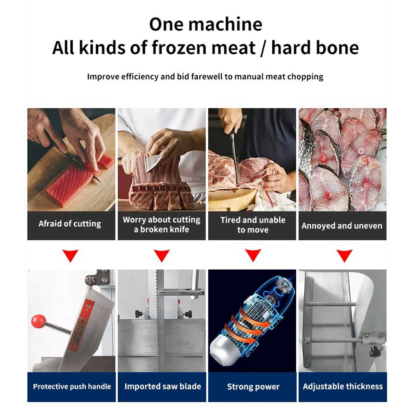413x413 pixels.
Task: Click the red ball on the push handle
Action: point(38,320)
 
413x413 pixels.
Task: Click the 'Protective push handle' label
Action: point(72,387)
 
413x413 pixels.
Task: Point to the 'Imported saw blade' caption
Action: point(162,387)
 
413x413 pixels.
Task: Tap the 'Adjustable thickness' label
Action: point(343,387)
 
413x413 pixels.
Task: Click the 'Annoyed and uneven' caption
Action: point(342,226)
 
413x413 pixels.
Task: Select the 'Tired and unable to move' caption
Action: point(252,225)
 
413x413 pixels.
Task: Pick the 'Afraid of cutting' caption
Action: point(70,224)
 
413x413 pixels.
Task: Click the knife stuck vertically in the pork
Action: point(234,153)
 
